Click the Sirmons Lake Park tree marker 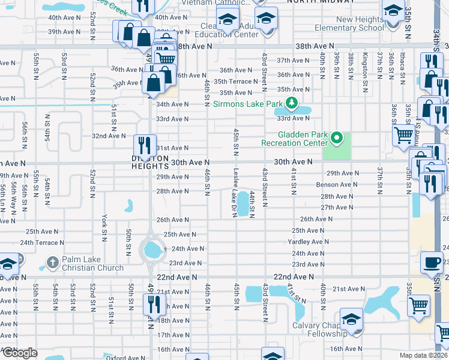point(292,103)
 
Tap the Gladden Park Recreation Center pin point(337,139)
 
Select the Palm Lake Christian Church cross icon point(52,263)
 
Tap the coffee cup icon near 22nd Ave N point(431,262)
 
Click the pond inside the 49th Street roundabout point(153,247)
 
